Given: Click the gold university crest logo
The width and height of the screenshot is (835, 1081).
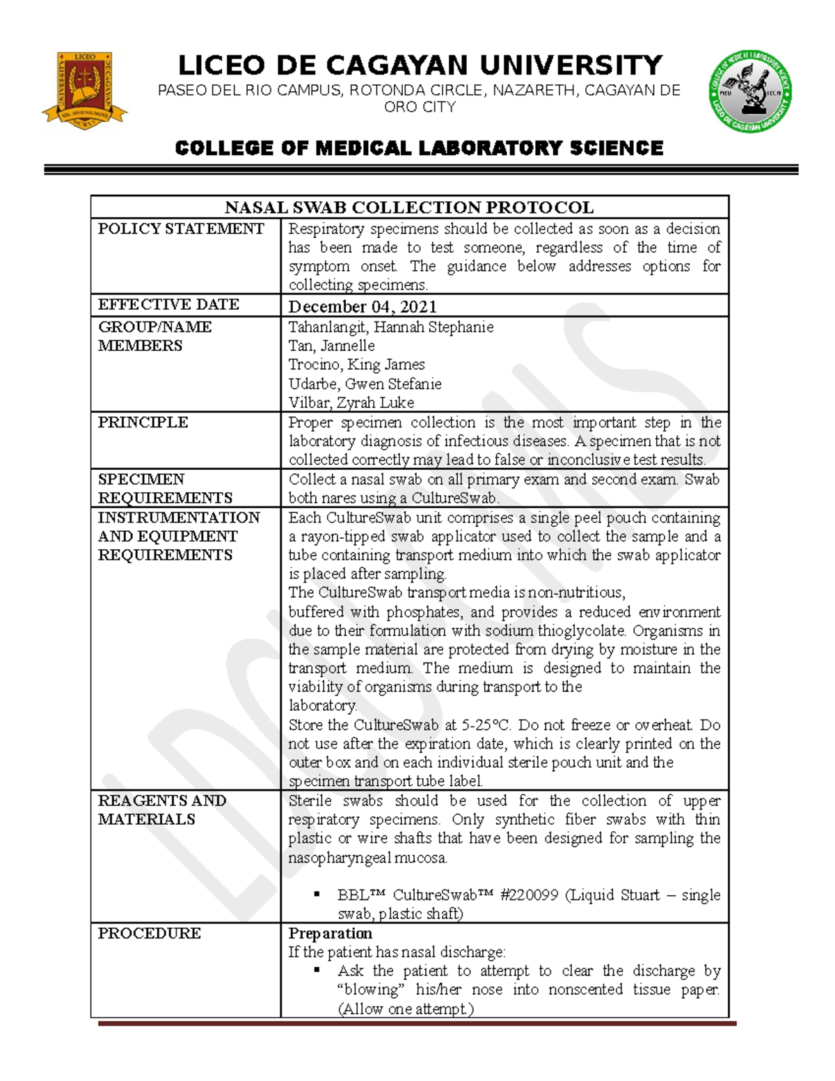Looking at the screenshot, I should [84, 89].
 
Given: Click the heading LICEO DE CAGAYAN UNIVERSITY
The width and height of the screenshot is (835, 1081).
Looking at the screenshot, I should [420, 65].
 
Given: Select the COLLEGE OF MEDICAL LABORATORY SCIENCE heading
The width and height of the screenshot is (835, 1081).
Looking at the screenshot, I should [419, 148].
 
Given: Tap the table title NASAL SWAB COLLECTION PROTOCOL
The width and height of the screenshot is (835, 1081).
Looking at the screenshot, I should [409, 207].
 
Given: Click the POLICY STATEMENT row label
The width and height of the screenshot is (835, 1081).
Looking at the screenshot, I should [181, 229].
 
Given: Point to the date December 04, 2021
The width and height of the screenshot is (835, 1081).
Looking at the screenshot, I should [363, 306].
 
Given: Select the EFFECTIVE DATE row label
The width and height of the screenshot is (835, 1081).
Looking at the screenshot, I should [168, 305].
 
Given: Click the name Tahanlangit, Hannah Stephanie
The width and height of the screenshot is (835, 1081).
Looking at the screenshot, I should [390, 327].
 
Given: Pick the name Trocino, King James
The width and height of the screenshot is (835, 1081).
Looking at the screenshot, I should [356, 365].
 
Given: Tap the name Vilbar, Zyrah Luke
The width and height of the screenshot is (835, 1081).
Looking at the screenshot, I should [351, 402].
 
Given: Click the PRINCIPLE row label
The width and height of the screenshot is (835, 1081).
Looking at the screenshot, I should [143, 423].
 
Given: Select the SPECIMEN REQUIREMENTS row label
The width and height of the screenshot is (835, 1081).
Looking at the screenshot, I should [165, 489].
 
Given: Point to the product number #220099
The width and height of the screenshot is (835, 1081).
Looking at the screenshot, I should [528, 895].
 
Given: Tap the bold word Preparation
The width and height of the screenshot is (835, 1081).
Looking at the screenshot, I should [330, 933].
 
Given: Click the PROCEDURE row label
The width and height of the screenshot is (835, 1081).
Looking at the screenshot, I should [149, 933].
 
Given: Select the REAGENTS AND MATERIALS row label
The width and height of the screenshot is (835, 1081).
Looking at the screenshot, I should [161, 810].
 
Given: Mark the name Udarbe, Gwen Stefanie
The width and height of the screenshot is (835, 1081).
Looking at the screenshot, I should [365, 384].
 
